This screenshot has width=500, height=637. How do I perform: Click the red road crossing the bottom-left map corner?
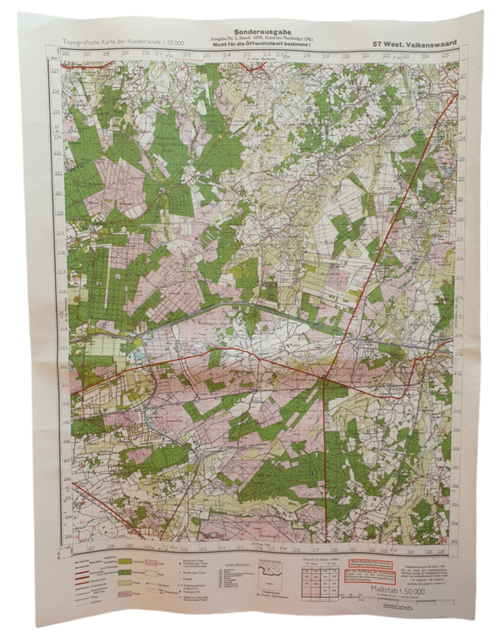83,491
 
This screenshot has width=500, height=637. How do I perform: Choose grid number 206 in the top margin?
67,53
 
